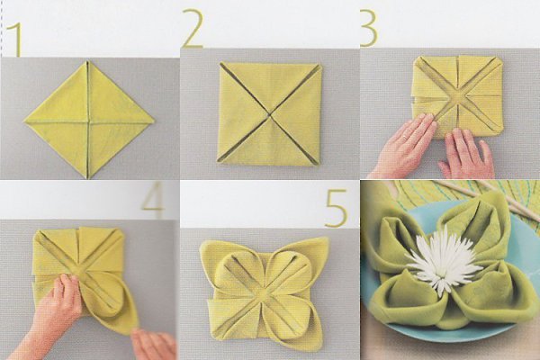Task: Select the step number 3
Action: [x=369, y=28]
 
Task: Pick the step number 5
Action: [x=336, y=209]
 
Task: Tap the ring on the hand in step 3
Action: [x=405, y=138]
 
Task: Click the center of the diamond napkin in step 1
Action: [x=88, y=121]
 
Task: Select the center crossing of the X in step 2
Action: [x=269, y=113]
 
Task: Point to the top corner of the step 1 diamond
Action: [x=88, y=61]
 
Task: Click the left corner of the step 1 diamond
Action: [x=24, y=121]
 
